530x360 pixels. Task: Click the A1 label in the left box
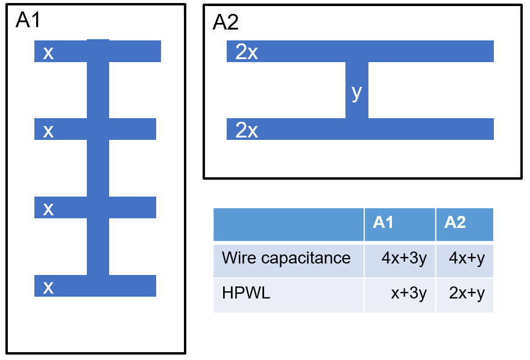click(28, 20)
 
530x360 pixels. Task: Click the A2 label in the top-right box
click(226, 23)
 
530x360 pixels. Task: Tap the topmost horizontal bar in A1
click(133, 51)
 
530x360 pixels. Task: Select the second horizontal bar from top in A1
click(133, 129)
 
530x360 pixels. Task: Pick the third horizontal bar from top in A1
click(133, 207)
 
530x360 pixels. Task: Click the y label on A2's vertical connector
click(356, 92)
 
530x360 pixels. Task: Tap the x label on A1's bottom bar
click(48, 287)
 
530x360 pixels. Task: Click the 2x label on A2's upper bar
click(247, 52)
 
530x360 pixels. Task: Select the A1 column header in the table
click(383, 223)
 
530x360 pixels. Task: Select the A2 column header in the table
click(455, 223)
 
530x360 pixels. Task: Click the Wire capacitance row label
click(286, 258)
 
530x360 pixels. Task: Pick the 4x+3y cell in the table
click(404, 259)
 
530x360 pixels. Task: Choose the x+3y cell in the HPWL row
click(409, 294)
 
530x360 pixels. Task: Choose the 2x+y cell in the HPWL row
click(467, 294)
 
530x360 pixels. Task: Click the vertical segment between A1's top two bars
click(98, 90)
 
